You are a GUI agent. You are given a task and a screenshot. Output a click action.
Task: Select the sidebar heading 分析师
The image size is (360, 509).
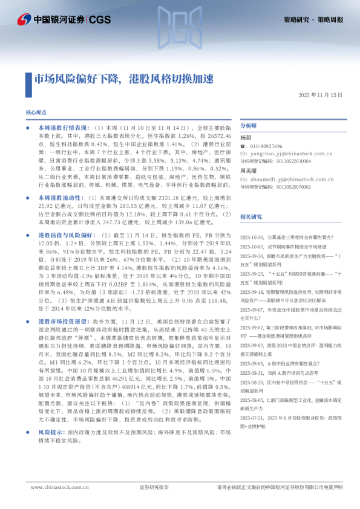coord(249,126)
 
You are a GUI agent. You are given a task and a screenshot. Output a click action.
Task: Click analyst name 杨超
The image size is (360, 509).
coord(246,138)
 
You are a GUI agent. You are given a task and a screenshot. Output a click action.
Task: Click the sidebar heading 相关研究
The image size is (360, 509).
coord(251,216)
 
